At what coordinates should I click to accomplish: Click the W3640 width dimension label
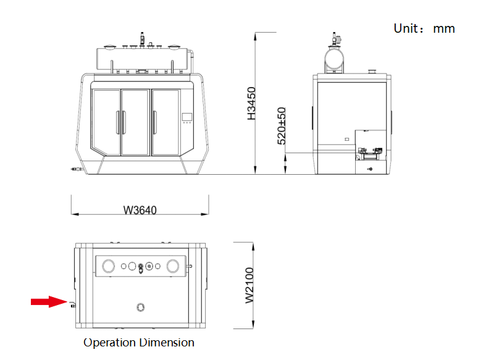click(140, 210)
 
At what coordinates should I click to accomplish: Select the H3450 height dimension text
click(251, 103)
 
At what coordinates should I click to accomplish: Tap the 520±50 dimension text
click(282, 126)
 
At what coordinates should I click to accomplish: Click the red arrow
click(48, 301)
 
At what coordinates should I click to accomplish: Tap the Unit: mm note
click(424, 28)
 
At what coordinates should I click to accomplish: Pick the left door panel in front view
click(106, 121)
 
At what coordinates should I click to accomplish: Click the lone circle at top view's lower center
click(141, 307)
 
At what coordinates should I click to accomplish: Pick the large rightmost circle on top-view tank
click(174, 266)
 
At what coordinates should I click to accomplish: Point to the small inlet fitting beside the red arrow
click(72, 303)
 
